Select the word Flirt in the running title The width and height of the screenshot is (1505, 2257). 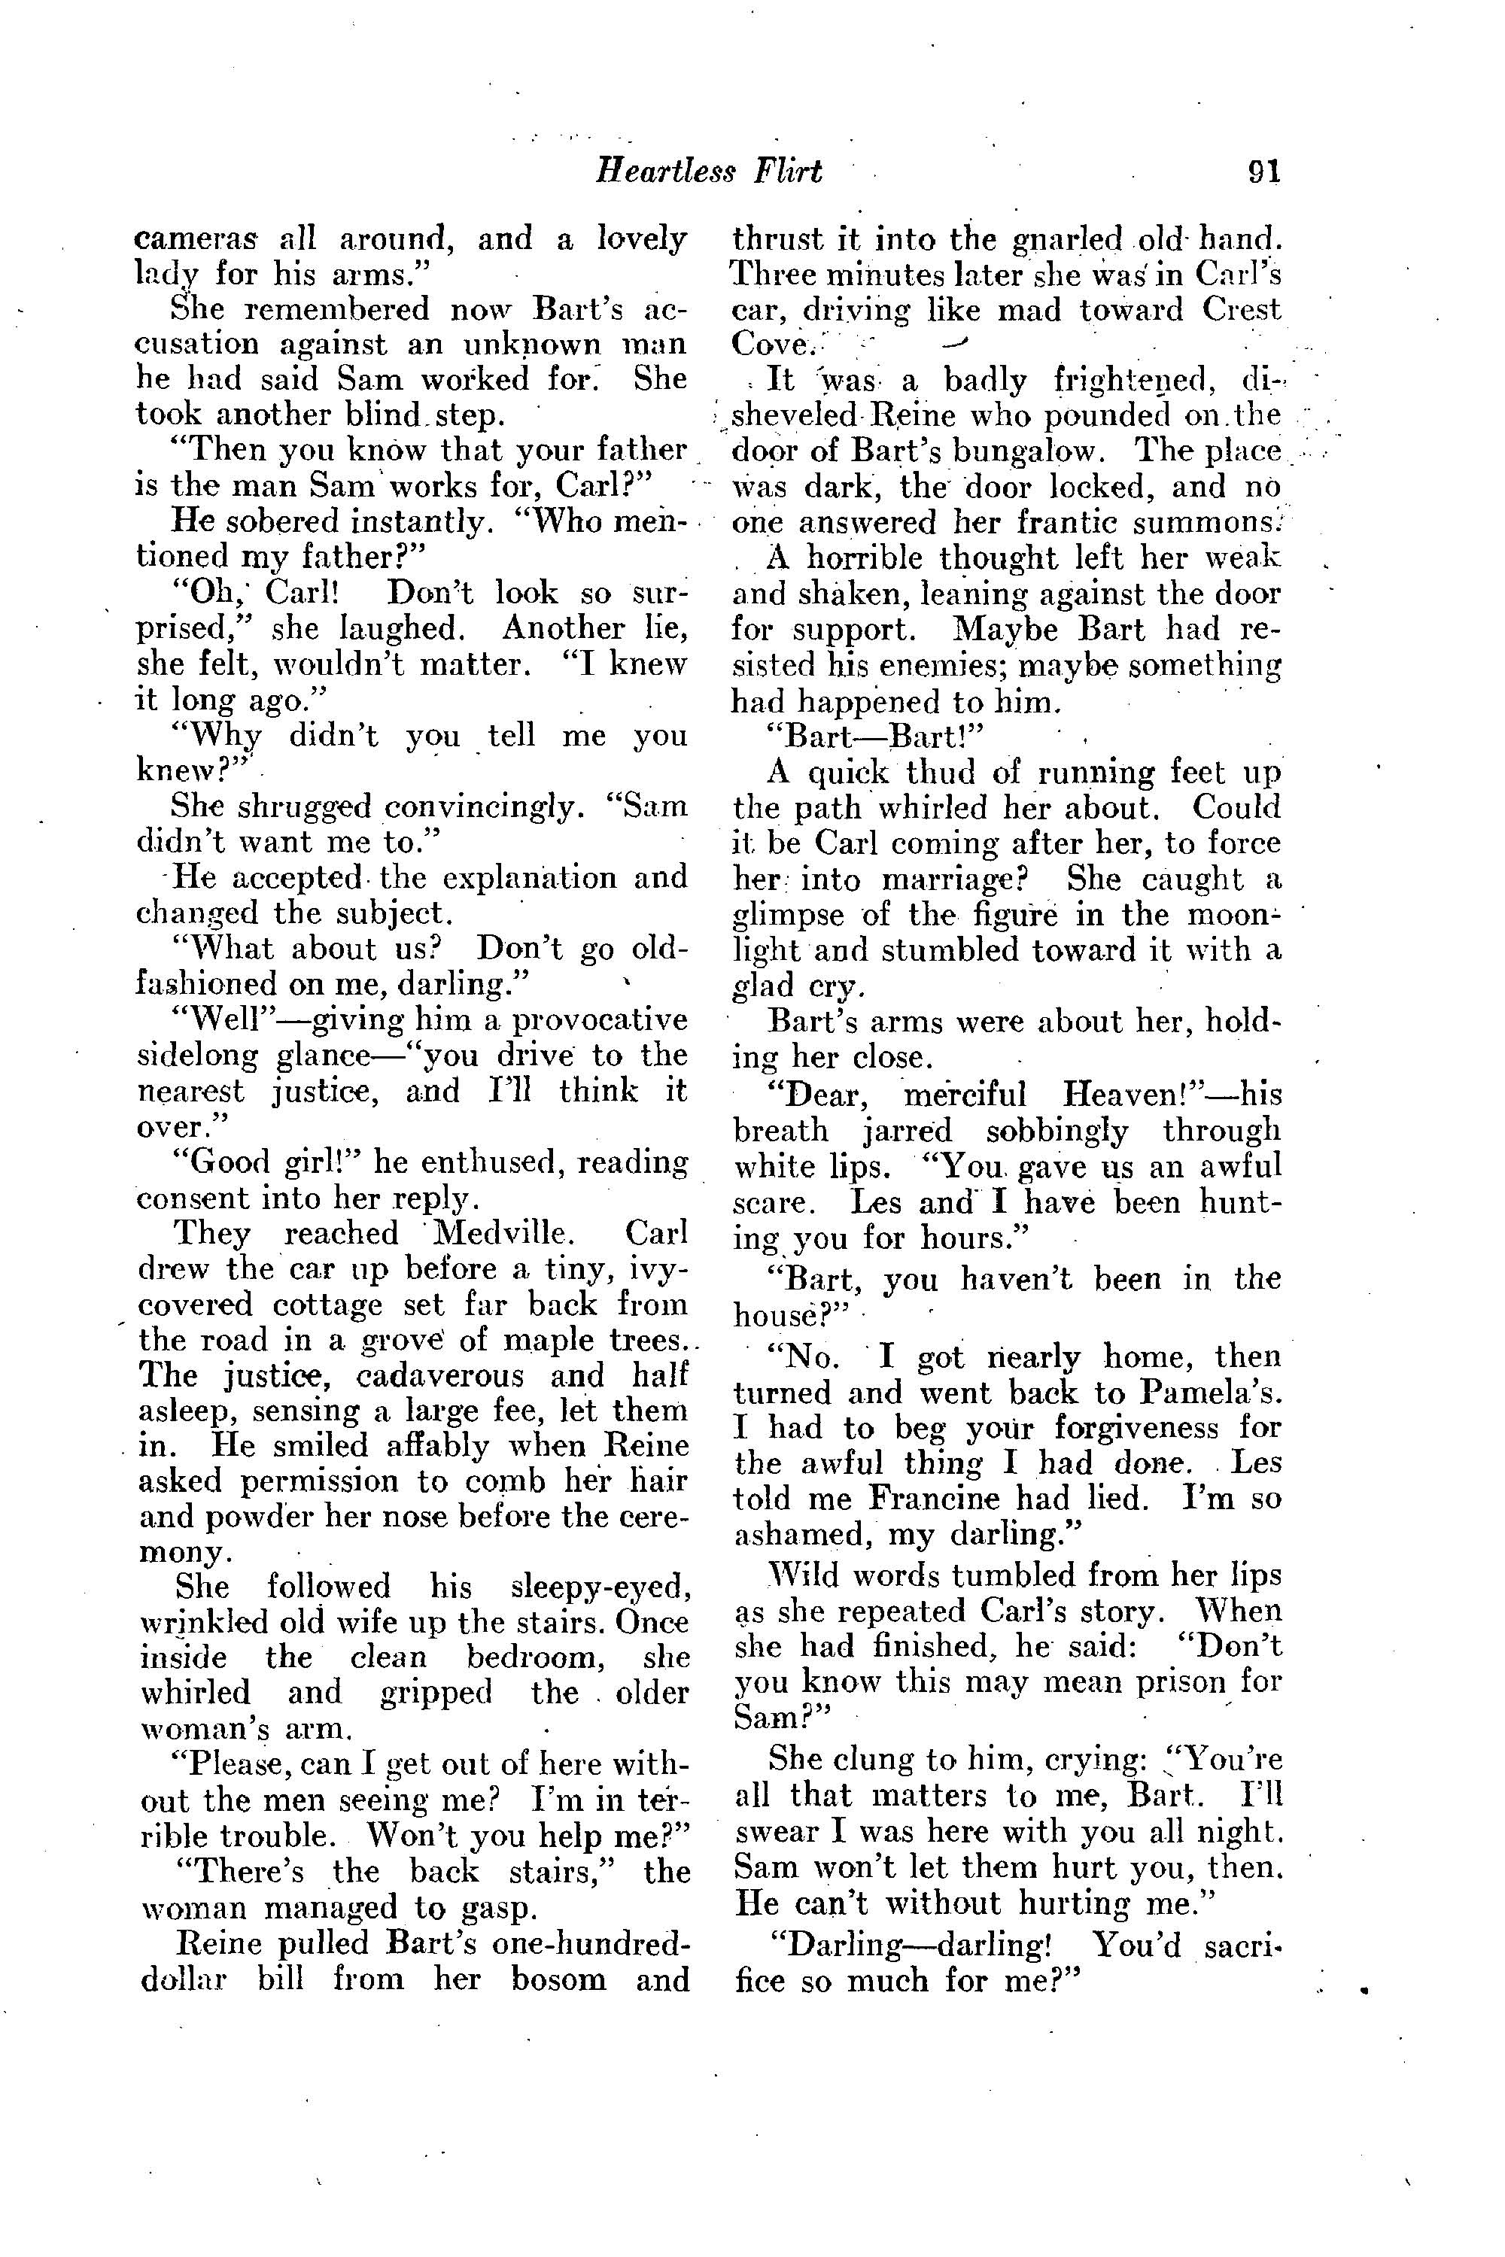point(787,171)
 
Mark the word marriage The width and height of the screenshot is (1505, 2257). point(962,879)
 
